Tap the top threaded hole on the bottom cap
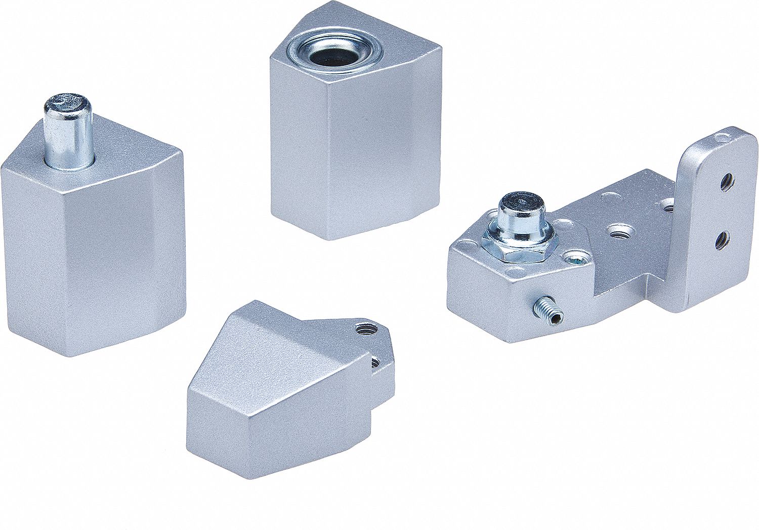[x=363, y=330]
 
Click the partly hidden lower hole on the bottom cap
[x=375, y=361]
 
